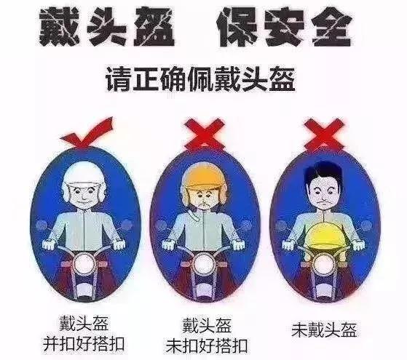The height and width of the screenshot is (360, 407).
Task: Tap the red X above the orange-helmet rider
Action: pos(202,134)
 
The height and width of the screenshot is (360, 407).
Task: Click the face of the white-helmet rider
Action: pos(82,193)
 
